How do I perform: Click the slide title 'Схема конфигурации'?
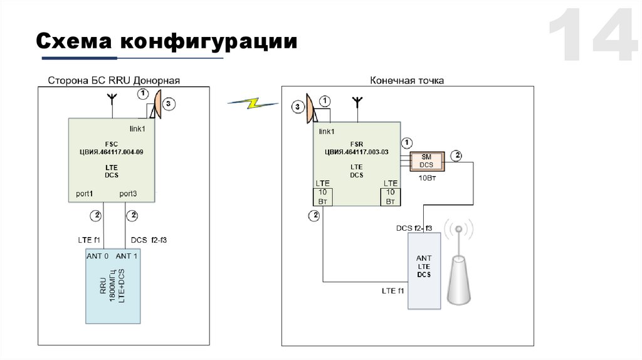pyautogui.click(x=166, y=41)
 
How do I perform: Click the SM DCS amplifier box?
pyautogui.click(x=427, y=161)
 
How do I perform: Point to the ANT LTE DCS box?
pyautogui.click(x=424, y=270)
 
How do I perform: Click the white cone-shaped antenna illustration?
pyautogui.click(x=460, y=276)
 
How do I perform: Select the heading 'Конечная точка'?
pyautogui.click(x=407, y=80)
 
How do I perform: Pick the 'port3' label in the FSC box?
pyautogui.click(x=128, y=194)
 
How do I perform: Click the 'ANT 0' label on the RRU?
pyautogui.click(x=97, y=256)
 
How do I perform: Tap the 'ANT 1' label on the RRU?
pyautogui.click(x=128, y=256)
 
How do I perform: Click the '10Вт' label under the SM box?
pyautogui.click(x=427, y=178)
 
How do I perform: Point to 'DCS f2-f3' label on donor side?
pyautogui.click(x=149, y=240)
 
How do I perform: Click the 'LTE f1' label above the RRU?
pyautogui.click(x=89, y=240)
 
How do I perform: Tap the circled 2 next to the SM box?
pyautogui.click(x=458, y=155)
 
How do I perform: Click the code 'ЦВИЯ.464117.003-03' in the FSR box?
pyautogui.click(x=356, y=152)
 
